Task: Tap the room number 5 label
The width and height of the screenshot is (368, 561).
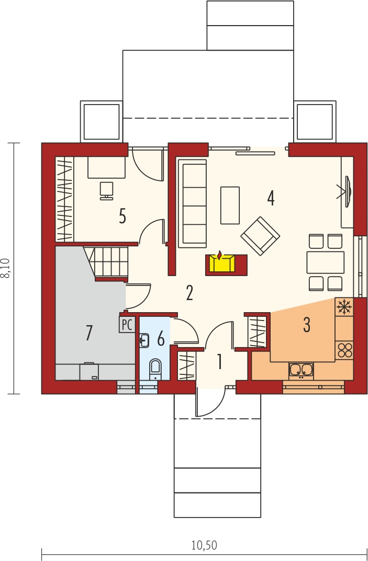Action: (122, 216)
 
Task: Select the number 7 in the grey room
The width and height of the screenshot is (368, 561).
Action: (89, 333)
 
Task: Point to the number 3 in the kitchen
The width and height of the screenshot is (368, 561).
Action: (307, 325)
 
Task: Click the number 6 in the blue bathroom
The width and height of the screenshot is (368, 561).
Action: (161, 338)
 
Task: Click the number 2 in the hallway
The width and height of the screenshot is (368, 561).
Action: (189, 293)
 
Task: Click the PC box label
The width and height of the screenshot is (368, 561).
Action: (127, 324)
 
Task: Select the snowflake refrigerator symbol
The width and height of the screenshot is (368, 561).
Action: (344, 307)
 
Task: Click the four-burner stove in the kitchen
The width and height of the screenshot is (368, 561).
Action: (344, 350)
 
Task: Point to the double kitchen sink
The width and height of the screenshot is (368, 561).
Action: (301, 370)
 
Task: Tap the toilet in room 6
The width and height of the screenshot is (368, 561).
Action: (155, 369)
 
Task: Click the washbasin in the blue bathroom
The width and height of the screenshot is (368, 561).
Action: (143, 340)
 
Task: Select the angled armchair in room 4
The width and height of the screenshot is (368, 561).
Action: (260, 236)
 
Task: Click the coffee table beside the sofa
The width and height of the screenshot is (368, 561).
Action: (230, 205)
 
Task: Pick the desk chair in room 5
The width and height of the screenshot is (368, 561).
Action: (106, 190)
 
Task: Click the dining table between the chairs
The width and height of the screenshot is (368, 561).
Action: (326, 262)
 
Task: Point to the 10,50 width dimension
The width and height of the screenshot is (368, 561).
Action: (204, 545)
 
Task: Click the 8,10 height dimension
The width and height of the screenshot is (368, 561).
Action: (7, 268)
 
